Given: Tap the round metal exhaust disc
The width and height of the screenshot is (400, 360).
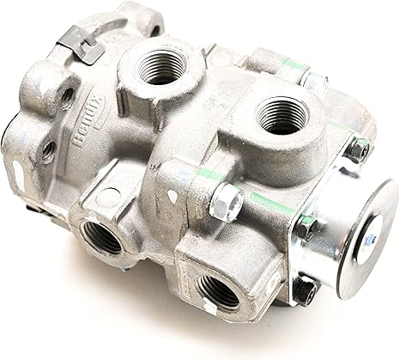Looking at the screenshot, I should pyautogui.click(x=366, y=238).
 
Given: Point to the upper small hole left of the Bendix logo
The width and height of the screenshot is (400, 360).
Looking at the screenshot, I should pyautogui.click(x=66, y=95).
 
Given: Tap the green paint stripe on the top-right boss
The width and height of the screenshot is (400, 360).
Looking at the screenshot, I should pyautogui.click(x=293, y=64).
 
